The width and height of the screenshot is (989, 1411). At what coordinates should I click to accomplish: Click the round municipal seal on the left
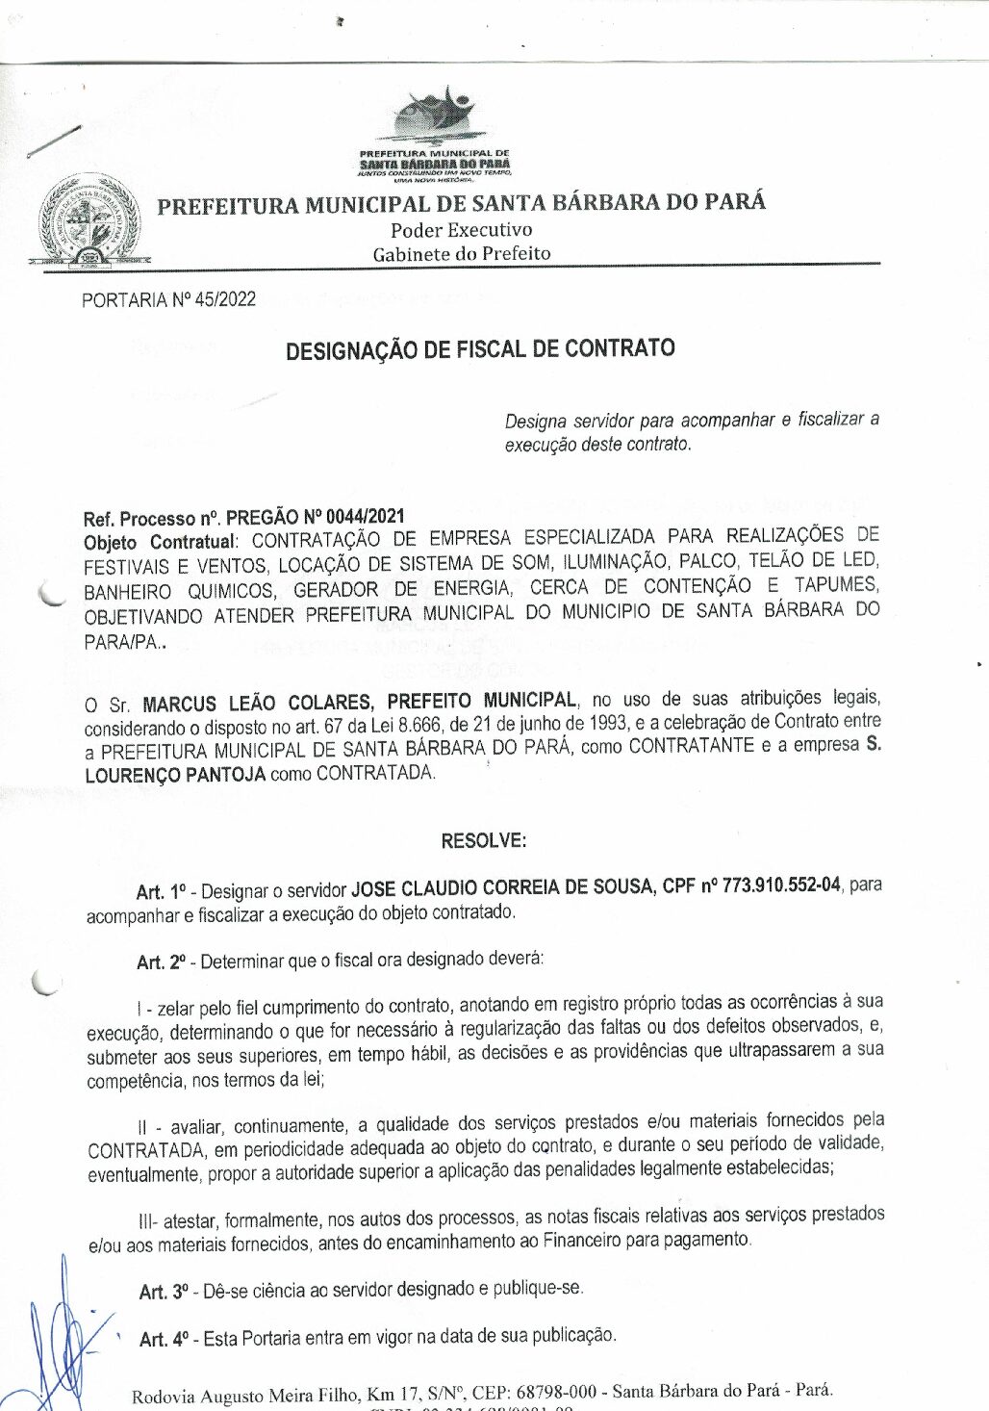pyautogui.click(x=89, y=220)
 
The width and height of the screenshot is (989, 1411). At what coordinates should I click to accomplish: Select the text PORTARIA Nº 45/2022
pyautogui.click(x=168, y=299)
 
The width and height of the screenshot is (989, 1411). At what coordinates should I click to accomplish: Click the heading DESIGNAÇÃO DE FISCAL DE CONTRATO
pyautogui.click(x=480, y=348)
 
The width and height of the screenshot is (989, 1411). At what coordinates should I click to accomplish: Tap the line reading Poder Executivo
pyautogui.click(x=461, y=230)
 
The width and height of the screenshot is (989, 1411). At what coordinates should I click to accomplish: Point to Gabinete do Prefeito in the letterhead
pyautogui.click(x=462, y=254)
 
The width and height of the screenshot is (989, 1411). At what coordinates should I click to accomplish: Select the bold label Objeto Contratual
pyautogui.click(x=159, y=542)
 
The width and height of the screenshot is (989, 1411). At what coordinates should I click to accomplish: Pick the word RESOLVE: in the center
pyautogui.click(x=483, y=840)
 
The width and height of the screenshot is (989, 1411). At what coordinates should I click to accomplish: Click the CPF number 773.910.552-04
pyautogui.click(x=780, y=885)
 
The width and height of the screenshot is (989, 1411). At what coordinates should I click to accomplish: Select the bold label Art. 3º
pyautogui.click(x=164, y=1292)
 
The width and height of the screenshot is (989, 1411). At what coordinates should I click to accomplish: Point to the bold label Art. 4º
pyautogui.click(x=164, y=1340)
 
